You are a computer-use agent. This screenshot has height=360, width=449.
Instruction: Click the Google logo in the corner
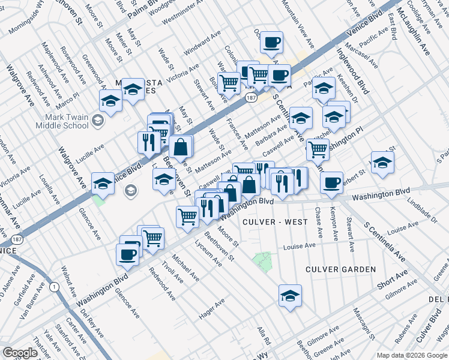pyautogui.click(x=20, y=353)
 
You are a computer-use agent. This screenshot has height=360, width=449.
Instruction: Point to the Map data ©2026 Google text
pyautogui.click(x=412, y=355)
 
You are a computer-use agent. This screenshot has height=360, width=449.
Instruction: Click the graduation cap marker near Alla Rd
pyautogui.click(x=290, y=295)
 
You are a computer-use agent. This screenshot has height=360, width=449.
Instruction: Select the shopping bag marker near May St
pyautogui.click(x=181, y=146)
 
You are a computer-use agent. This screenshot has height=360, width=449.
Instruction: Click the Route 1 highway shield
pyautogui.click(x=56, y=287)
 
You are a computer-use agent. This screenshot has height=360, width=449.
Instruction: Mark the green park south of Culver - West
pyautogui.click(x=262, y=261)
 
